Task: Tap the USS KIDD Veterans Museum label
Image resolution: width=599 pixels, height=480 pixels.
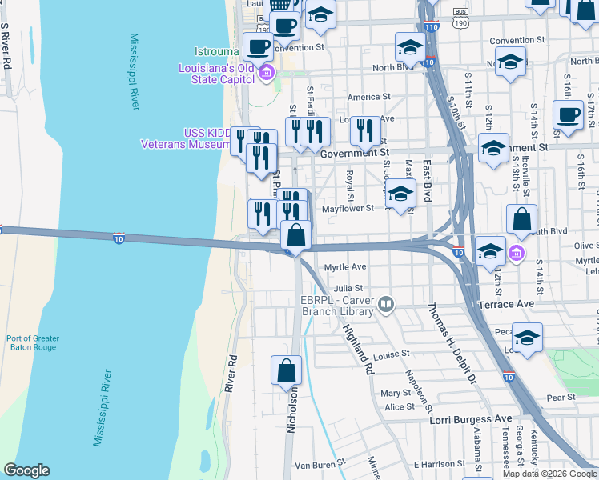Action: (185, 138)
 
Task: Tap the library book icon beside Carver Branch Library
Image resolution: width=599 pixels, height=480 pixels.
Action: (387, 303)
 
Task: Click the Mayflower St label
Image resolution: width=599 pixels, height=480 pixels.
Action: (348, 209)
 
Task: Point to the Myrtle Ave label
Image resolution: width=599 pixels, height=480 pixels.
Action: (344, 267)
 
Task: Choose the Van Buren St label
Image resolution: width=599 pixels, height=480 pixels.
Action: (319, 463)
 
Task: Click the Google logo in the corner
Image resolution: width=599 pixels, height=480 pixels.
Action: (26, 470)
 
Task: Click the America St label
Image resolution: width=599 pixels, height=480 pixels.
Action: (368, 98)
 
